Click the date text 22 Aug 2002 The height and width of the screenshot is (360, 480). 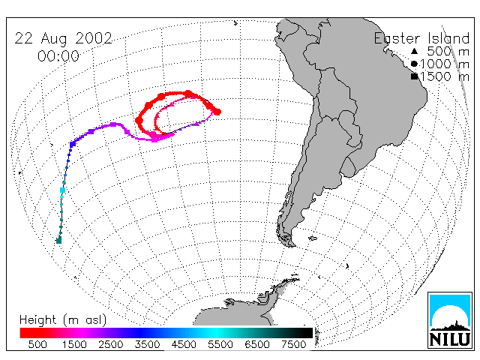pos(63,39)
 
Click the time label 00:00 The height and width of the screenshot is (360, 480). pos(58,56)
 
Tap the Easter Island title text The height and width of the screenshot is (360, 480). pos(421,38)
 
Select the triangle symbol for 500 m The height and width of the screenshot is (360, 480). pos(414,51)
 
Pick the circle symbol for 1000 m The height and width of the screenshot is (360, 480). pos(414,64)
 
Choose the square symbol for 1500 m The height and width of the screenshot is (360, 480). pos(415,76)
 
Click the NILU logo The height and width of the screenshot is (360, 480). pos(450,320)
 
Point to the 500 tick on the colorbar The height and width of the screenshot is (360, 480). pos(37,344)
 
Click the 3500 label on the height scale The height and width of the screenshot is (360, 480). pos(147,344)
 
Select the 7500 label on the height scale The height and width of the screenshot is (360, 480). pos(293,344)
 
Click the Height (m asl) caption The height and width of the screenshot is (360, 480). pos(63,320)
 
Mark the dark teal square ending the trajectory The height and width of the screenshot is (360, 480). pos(58,240)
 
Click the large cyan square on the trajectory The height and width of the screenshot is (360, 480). pos(62,190)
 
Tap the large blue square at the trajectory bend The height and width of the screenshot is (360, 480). pos(73,144)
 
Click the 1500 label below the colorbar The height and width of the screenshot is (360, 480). pos(74,344)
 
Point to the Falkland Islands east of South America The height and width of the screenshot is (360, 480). pos(312,238)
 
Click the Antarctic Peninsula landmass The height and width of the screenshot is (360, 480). pos(269,294)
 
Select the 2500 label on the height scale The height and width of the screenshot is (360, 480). pos(111,344)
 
